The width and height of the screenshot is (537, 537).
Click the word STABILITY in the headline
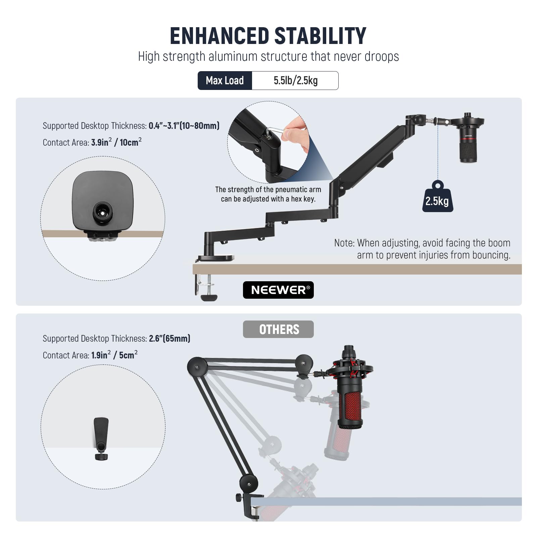(320, 36)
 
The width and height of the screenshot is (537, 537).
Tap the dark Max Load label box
(225, 81)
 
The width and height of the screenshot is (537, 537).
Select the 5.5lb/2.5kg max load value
(295, 81)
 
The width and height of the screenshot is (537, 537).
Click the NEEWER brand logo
(278, 290)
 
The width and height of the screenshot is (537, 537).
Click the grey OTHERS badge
(278, 329)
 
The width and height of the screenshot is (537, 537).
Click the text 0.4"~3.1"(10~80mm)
(184, 126)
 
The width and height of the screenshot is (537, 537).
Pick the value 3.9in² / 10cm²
(116, 142)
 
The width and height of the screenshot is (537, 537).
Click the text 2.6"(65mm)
(169, 338)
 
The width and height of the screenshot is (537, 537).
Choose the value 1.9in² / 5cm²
(114, 355)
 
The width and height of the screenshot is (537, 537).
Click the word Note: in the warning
(344, 243)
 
